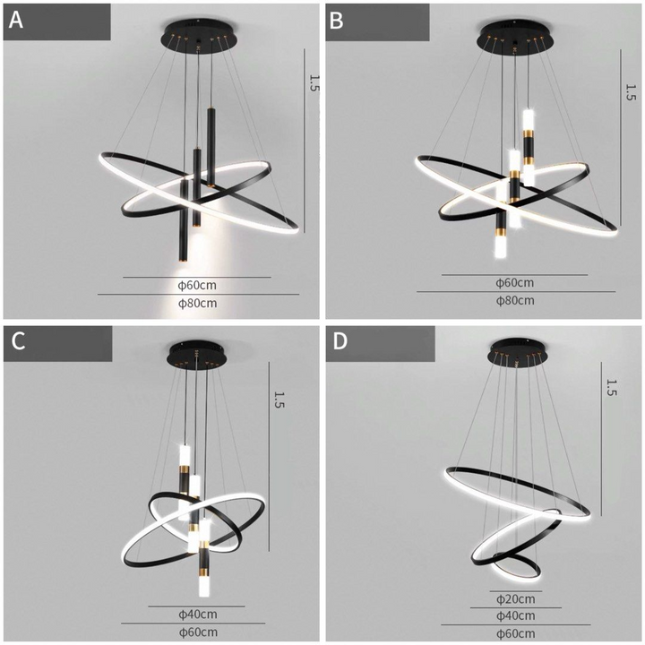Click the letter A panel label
(16, 21)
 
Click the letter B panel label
(337, 21)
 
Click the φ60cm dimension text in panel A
(197, 286)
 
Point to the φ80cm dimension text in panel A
(197, 304)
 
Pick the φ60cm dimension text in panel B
(515, 282)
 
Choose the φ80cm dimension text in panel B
(515, 300)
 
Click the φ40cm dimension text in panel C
(197, 615)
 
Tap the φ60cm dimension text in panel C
(197, 632)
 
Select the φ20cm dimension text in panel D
(515, 598)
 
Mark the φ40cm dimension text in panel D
(515, 615)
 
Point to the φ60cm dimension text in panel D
(515, 632)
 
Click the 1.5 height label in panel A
(314, 83)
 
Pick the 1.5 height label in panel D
(612, 387)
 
